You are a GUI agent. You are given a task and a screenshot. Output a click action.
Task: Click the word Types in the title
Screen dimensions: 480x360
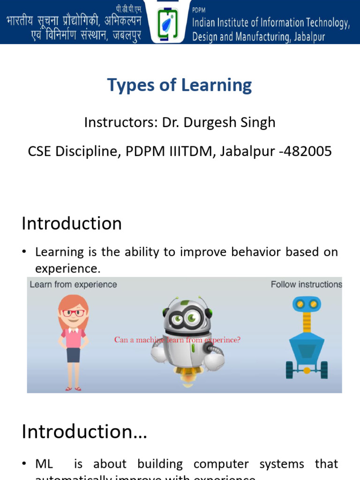pyautogui.click(x=124, y=85)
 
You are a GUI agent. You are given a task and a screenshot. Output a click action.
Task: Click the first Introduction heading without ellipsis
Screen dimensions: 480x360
pyautogui.click(x=72, y=223)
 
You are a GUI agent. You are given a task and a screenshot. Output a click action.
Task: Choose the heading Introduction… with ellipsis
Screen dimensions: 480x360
pyautogui.click(x=84, y=432)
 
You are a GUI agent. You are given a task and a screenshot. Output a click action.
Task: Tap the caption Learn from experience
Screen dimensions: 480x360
pyautogui.click(x=73, y=285)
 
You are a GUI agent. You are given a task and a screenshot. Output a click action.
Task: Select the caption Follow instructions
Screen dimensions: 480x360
pyautogui.click(x=306, y=285)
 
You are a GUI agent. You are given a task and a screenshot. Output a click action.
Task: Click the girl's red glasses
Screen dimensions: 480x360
pyautogui.click(x=74, y=313)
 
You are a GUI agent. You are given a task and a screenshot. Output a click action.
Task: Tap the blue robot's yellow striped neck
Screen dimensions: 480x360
pyautogui.click(x=307, y=322)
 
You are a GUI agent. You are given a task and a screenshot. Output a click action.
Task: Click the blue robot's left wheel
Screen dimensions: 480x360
pyautogui.click(x=290, y=370)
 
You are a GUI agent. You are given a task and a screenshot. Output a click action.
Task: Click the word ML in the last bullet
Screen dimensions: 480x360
pyautogui.click(x=45, y=464)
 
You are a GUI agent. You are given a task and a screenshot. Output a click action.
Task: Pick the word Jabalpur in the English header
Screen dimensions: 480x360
pyautogui.click(x=308, y=37)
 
